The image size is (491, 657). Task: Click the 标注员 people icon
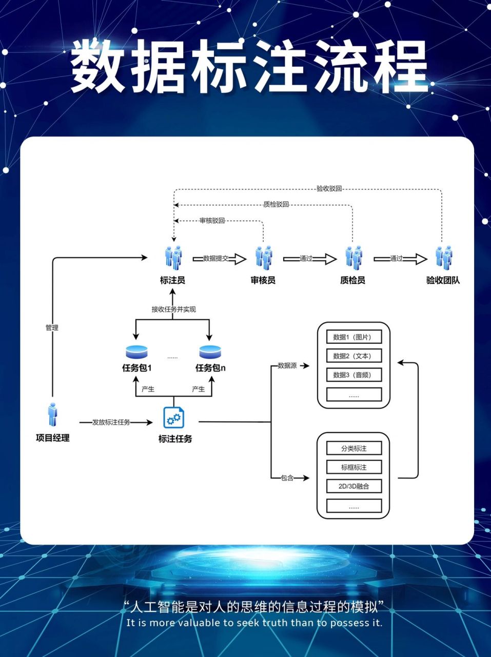click(173, 258)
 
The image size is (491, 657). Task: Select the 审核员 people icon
click(264, 258)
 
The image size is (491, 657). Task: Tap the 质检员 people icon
click(353, 258)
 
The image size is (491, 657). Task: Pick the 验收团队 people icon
click(444, 258)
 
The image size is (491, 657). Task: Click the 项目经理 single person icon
click(52, 415)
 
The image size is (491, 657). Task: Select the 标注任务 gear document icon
click(173, 417)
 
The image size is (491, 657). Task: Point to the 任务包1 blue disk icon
click(136, 352)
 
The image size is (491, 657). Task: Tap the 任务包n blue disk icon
click(210, 352)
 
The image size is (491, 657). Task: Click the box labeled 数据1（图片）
click(354, 337)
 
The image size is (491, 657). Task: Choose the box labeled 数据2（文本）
click(354, 356)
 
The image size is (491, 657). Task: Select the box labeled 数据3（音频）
click(354, 375)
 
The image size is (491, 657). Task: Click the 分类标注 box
click(354, 449)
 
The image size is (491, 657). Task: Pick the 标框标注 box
click(354, 468)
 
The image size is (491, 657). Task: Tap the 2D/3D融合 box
click(354, 486)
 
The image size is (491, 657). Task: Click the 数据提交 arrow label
click(215, 259)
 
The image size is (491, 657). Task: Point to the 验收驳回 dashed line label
click(329, 189)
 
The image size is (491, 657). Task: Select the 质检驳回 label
click(276, 204)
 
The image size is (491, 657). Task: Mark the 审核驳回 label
click(212, 221)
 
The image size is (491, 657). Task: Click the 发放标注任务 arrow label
click(111, 422)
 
